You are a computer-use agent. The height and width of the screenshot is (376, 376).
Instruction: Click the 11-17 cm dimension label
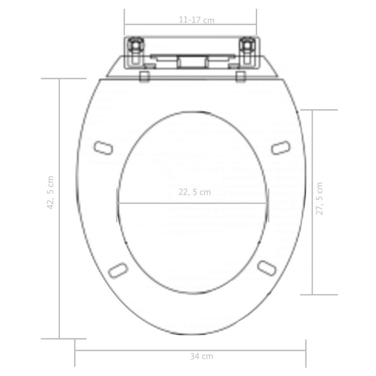coord(196,20)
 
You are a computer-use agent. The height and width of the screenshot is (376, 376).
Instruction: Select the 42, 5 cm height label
coord(51,192)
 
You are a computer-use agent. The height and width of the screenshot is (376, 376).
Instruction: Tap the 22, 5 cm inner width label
coord(195,192)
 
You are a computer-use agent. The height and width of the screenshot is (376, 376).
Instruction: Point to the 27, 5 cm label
coord(319,198)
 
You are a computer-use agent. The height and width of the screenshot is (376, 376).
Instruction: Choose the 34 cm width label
coord(201,356)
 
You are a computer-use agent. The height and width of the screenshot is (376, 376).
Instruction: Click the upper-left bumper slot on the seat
coord(103,147)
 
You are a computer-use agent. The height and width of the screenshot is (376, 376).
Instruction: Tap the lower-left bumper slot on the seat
coord(117,269)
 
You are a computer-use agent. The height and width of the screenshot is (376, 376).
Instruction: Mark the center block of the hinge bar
coord(190,62)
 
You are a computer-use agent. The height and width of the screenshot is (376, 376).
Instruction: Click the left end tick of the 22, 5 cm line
coord(117,203)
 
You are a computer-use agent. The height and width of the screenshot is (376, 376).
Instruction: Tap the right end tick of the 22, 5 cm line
coord(269,203)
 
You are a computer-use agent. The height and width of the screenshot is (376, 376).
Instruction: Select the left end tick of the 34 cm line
coord(75,351)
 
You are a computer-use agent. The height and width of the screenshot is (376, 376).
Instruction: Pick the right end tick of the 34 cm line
coord(306,351)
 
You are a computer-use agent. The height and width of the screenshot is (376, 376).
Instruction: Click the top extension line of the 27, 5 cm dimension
coord(319,110)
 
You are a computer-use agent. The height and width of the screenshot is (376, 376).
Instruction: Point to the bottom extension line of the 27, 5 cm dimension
coord(319,295)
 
